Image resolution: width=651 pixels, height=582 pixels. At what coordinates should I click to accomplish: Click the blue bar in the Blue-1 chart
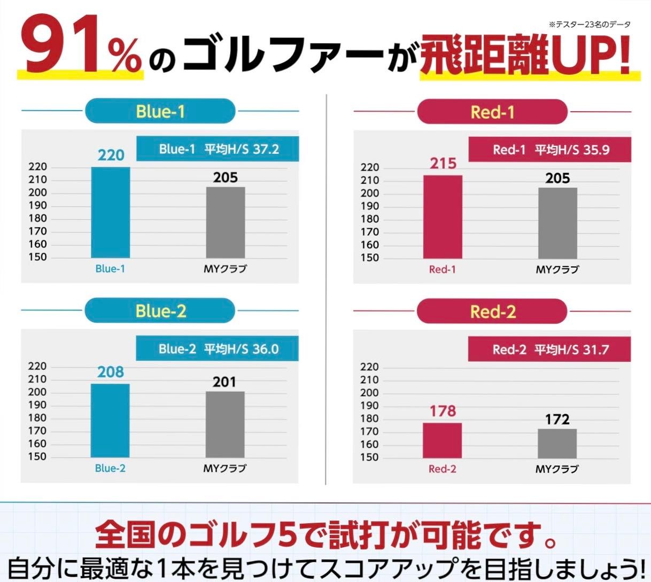tap(110, 212)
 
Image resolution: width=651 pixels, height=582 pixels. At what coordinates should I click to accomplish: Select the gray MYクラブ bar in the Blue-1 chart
tap(226, 222)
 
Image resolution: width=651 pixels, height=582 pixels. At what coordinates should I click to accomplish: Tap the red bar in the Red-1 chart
tap(443, 216)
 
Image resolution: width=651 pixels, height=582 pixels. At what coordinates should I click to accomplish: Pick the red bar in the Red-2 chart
tap(442, 440)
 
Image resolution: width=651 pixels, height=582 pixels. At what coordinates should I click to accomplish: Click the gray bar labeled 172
tap(557, 443)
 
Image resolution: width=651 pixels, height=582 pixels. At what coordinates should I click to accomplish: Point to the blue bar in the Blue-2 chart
tap(110, 420)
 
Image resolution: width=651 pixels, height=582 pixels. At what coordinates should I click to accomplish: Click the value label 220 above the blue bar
tap(111, 155)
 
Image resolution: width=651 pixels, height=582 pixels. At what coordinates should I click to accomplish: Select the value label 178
tap(443, 411)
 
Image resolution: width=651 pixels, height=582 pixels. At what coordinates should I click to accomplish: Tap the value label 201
tap(224, 382)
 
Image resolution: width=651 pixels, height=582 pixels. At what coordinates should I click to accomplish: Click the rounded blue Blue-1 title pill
tap(160, 112)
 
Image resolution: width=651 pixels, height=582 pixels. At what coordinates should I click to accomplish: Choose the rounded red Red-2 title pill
tap(492, 312)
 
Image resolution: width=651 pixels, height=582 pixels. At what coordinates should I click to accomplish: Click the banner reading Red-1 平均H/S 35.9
tap(550, 150)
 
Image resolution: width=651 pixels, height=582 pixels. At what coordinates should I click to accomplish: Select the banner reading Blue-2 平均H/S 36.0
tap(218, 349)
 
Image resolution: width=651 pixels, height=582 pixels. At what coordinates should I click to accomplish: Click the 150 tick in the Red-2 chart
tap(369, 457)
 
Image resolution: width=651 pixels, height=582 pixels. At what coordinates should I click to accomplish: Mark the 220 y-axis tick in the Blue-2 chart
tap(37, 367)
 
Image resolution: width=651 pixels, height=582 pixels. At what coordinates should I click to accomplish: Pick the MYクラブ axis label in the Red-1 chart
tap(557, 269)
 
